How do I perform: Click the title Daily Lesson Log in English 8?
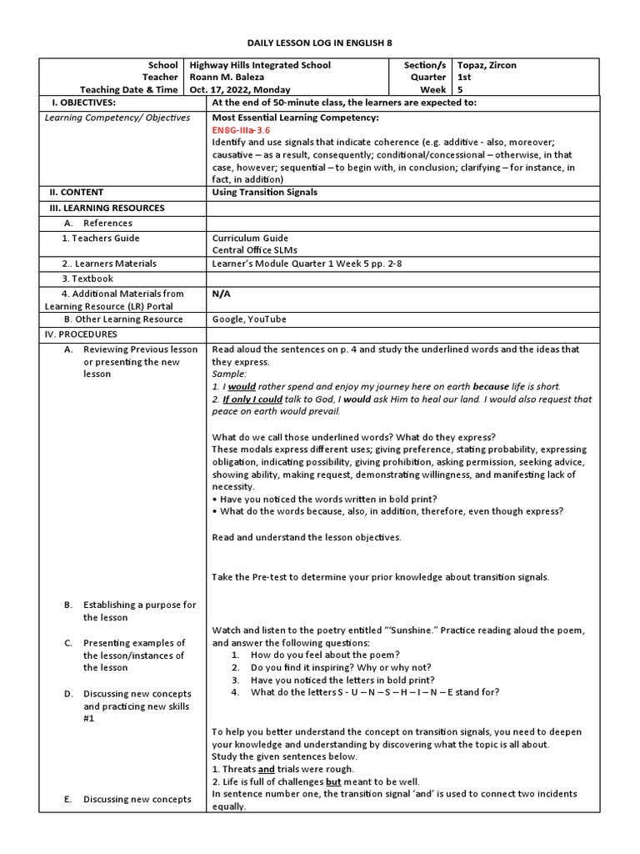tap(319, 43)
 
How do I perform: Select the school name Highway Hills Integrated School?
tap(260, 65)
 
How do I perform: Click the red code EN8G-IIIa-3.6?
tap(241, 131)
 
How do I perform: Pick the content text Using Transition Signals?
tap(264, 193)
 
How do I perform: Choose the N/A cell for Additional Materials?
tap(222, 294)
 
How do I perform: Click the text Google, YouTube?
tap(249, 319)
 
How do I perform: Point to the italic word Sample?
tap(229, 375)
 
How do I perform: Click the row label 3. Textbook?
tap(87, 279)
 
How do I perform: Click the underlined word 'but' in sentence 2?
tap(333, 782)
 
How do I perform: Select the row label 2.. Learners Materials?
tap(108, 264)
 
